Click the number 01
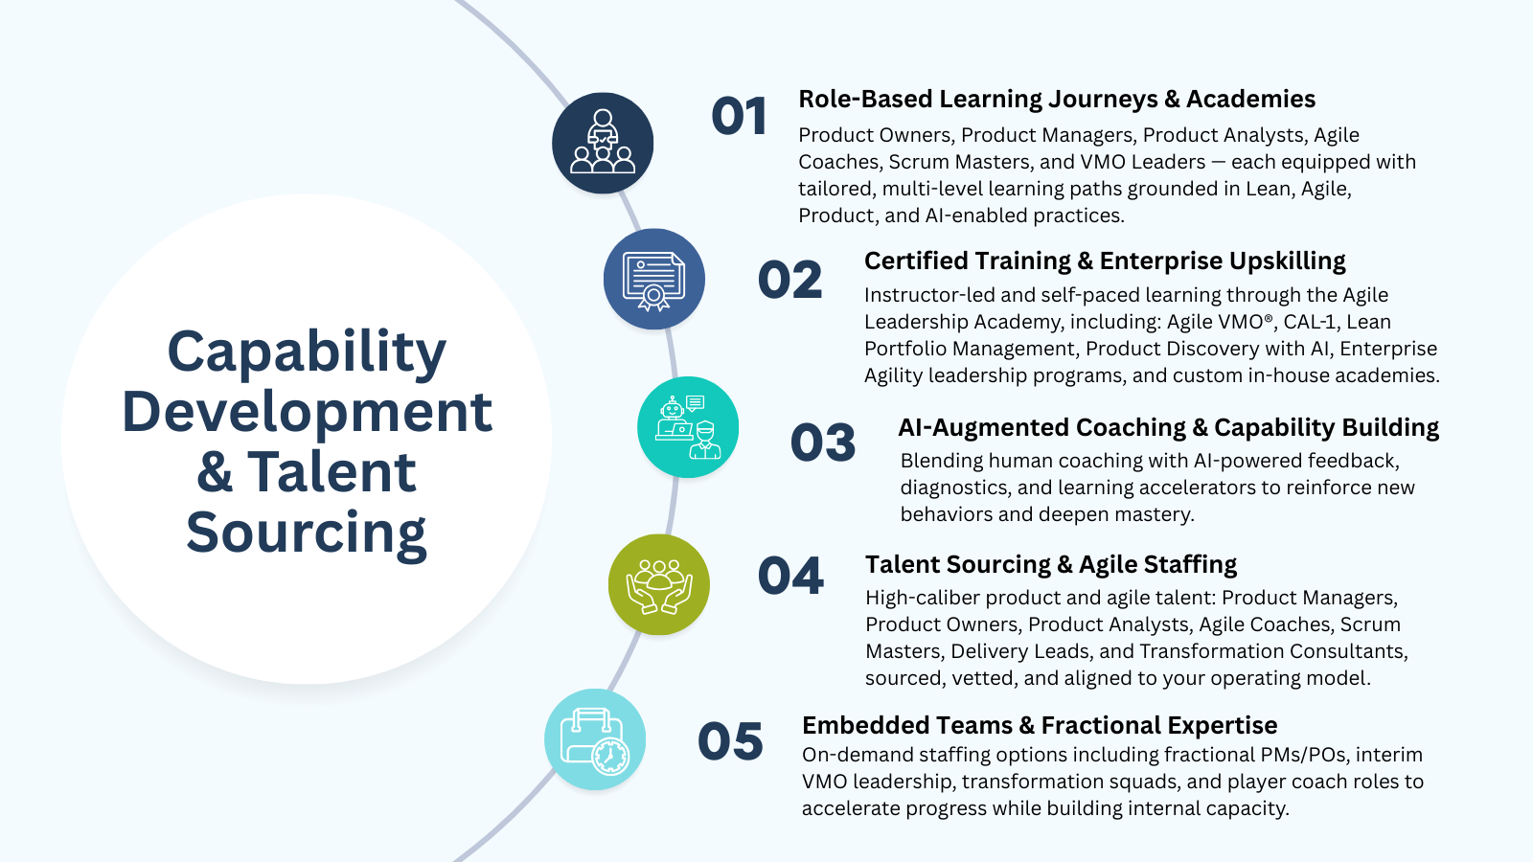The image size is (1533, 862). [x=739, y=117]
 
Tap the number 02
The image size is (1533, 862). [x=789, y=281]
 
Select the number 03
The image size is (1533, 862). [x=822, y=442]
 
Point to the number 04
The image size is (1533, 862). [x=790, y=577]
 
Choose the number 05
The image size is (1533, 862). [x=730, y=741]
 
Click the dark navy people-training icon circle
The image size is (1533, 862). [x=603, y=143]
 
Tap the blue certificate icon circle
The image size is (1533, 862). [x=654, y=279]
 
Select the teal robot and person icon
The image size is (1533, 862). [x=688, y=427]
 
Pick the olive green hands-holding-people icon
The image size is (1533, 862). [x=659, y=584]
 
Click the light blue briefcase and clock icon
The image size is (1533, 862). [x=595, y=739]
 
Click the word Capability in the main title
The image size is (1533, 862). [x=307, y=352]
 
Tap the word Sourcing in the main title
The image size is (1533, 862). [x=307, y=533]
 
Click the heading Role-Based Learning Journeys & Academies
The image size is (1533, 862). [x=1057, y=100]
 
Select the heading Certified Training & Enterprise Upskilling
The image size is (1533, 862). [x=1105, y=261]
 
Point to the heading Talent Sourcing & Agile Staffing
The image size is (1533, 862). [x=1051, y=565]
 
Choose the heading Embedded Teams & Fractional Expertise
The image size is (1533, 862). [x=1040, y=726]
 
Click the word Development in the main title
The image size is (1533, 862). [x=307, y=413]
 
